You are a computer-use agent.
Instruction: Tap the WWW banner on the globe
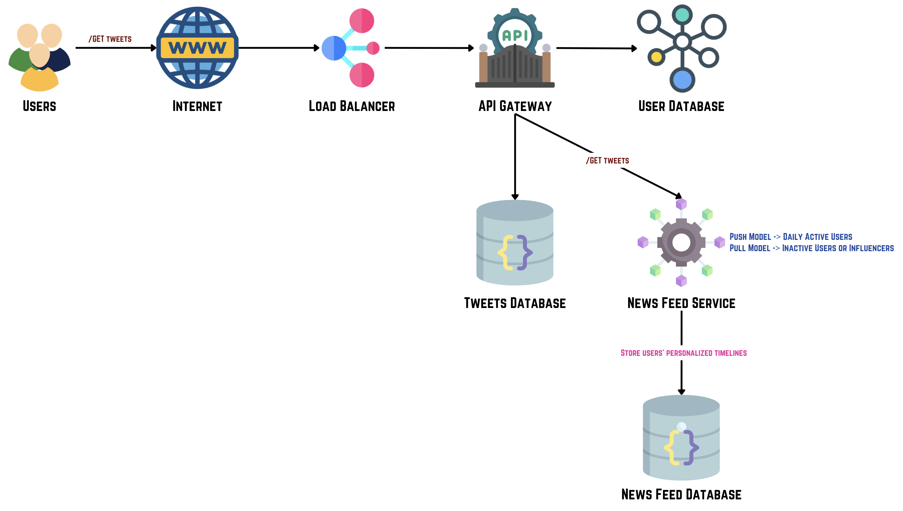(x=197, y=48)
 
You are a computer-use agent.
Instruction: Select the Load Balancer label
(x=351, y=106)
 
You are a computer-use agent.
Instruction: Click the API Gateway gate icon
(x=515, y=63)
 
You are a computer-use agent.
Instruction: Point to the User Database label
(x=681, y=106)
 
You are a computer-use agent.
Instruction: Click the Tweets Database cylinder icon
(x=515, y=242)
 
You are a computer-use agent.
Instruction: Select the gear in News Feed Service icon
(x=681, y=242)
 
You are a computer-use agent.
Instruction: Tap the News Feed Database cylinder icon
(x=681, y=437)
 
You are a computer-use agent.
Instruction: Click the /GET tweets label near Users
(x=110, y=39)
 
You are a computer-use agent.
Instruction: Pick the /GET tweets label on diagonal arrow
(x=608, y=161)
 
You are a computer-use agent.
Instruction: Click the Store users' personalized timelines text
(x=684, y=353)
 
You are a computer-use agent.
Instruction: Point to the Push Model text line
(x=790, y=237)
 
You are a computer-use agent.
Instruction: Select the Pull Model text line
(x=811, y=248)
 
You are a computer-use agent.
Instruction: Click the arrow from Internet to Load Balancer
(x=279, y=48)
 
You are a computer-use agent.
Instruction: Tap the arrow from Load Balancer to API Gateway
(x=429, y=48)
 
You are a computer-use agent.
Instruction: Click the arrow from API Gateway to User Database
(x=596, y=48)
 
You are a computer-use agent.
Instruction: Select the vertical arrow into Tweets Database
(x=515, y=158)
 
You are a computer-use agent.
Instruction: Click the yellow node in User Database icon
(x=656, y=57)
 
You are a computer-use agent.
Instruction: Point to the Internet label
(x=197, y=106)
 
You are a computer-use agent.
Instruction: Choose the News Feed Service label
(x=681, y=303)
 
